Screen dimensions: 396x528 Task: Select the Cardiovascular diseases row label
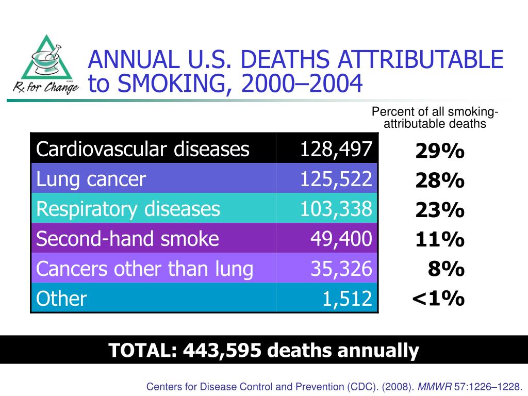pyautogui.click(x=143, y=150)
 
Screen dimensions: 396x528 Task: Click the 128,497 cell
pyautogui.click(x=336, y=150)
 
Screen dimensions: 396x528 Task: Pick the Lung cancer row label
pyautogui.click(x=91, y=179)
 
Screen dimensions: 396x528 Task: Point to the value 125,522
pyautogui.click(x=336, y=179)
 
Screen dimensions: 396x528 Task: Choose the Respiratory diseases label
pyautogui.click(x=128, y=209)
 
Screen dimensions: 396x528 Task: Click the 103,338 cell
pyautogui.click(x=336, y=209)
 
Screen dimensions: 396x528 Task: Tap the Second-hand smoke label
pyautogui.click(x=128, y=238)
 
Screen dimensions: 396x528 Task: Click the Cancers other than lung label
pyautogui.click(x=145, y=268)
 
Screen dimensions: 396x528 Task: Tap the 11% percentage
pyautogui.click(x=440, y=240)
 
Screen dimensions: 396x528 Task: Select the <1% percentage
pyautogui.click(x=438, y=298)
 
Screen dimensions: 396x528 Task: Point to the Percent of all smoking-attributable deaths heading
pyautogui.click(x=435, y=118)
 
